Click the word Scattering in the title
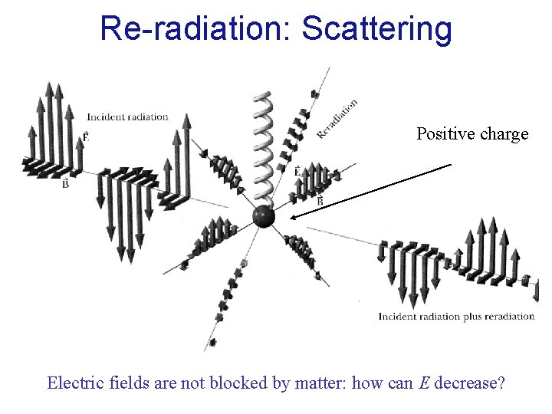coord(376,28)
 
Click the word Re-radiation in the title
coord(195,28)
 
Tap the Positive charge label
coord(472,134)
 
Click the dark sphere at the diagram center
coord(264,217)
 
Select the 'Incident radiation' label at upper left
coord(127,117)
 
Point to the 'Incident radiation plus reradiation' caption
coord(456,316)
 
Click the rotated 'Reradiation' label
coord(337,120)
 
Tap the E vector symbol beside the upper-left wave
coord(85,136)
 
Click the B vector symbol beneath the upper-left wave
coord(66,184)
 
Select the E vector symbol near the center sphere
coord(297,172)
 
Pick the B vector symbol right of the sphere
coord(320,200)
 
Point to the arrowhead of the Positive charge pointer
coord(293,219)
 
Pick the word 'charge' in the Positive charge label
coord(504,134)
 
